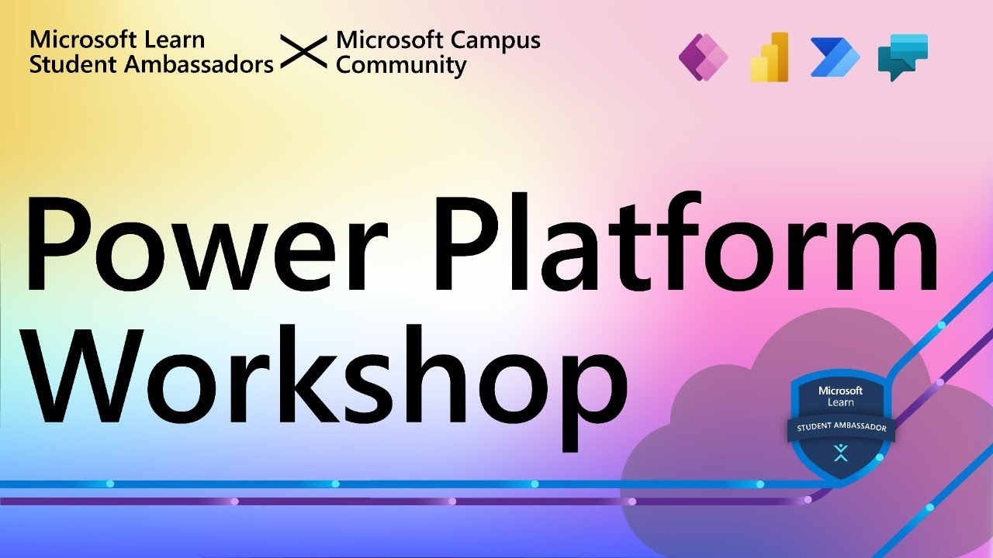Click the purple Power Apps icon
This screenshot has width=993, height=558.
[704, 58]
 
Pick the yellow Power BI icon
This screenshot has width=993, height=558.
[770, 58]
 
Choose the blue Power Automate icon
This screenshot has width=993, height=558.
[835, 58]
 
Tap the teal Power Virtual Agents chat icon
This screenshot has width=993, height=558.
[902, 57]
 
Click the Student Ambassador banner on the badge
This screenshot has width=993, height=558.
[841, 427]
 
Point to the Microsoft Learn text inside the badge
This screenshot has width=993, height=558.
[841, 396]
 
